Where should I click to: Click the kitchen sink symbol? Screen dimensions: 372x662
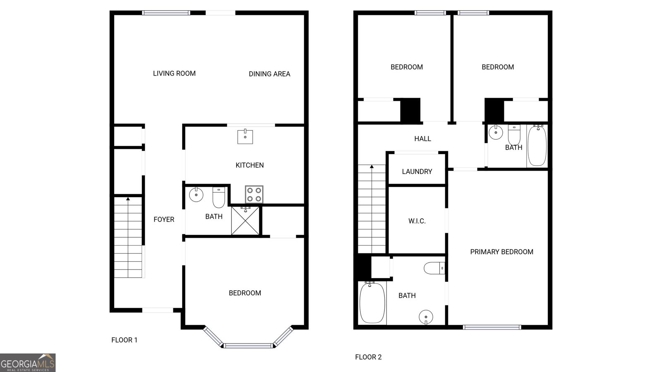tap(245, 136)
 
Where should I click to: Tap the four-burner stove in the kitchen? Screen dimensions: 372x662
tap(254, 194)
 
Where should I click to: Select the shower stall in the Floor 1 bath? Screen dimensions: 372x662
tap(245, 221)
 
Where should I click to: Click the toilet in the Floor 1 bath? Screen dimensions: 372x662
tap(218, 198)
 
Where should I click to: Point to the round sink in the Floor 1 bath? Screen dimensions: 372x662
tap(196, 195)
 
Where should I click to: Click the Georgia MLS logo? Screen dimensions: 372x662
tap(28, 362)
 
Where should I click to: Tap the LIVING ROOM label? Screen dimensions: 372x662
tap(174, 74)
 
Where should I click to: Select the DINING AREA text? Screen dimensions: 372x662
tap(269, 74)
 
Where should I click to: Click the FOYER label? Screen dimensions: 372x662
tap(164, 219)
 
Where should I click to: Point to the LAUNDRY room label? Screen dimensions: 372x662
tap(417, 172)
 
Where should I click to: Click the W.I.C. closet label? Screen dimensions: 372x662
tap(417, 221)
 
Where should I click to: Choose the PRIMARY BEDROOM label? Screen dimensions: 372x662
tap(501, 252)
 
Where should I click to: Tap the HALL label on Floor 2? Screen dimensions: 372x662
tap(422, 139)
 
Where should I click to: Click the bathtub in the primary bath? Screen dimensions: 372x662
tap(372, 303)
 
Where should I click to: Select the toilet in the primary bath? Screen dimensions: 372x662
tap(434, 268)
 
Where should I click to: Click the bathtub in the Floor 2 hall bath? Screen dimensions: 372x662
tap(537, 145)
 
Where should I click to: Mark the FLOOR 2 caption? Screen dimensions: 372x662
tap(368, 357)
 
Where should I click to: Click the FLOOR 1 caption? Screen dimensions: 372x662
tap(124, 340)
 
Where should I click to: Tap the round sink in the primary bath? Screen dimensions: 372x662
tap(426, 317)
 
